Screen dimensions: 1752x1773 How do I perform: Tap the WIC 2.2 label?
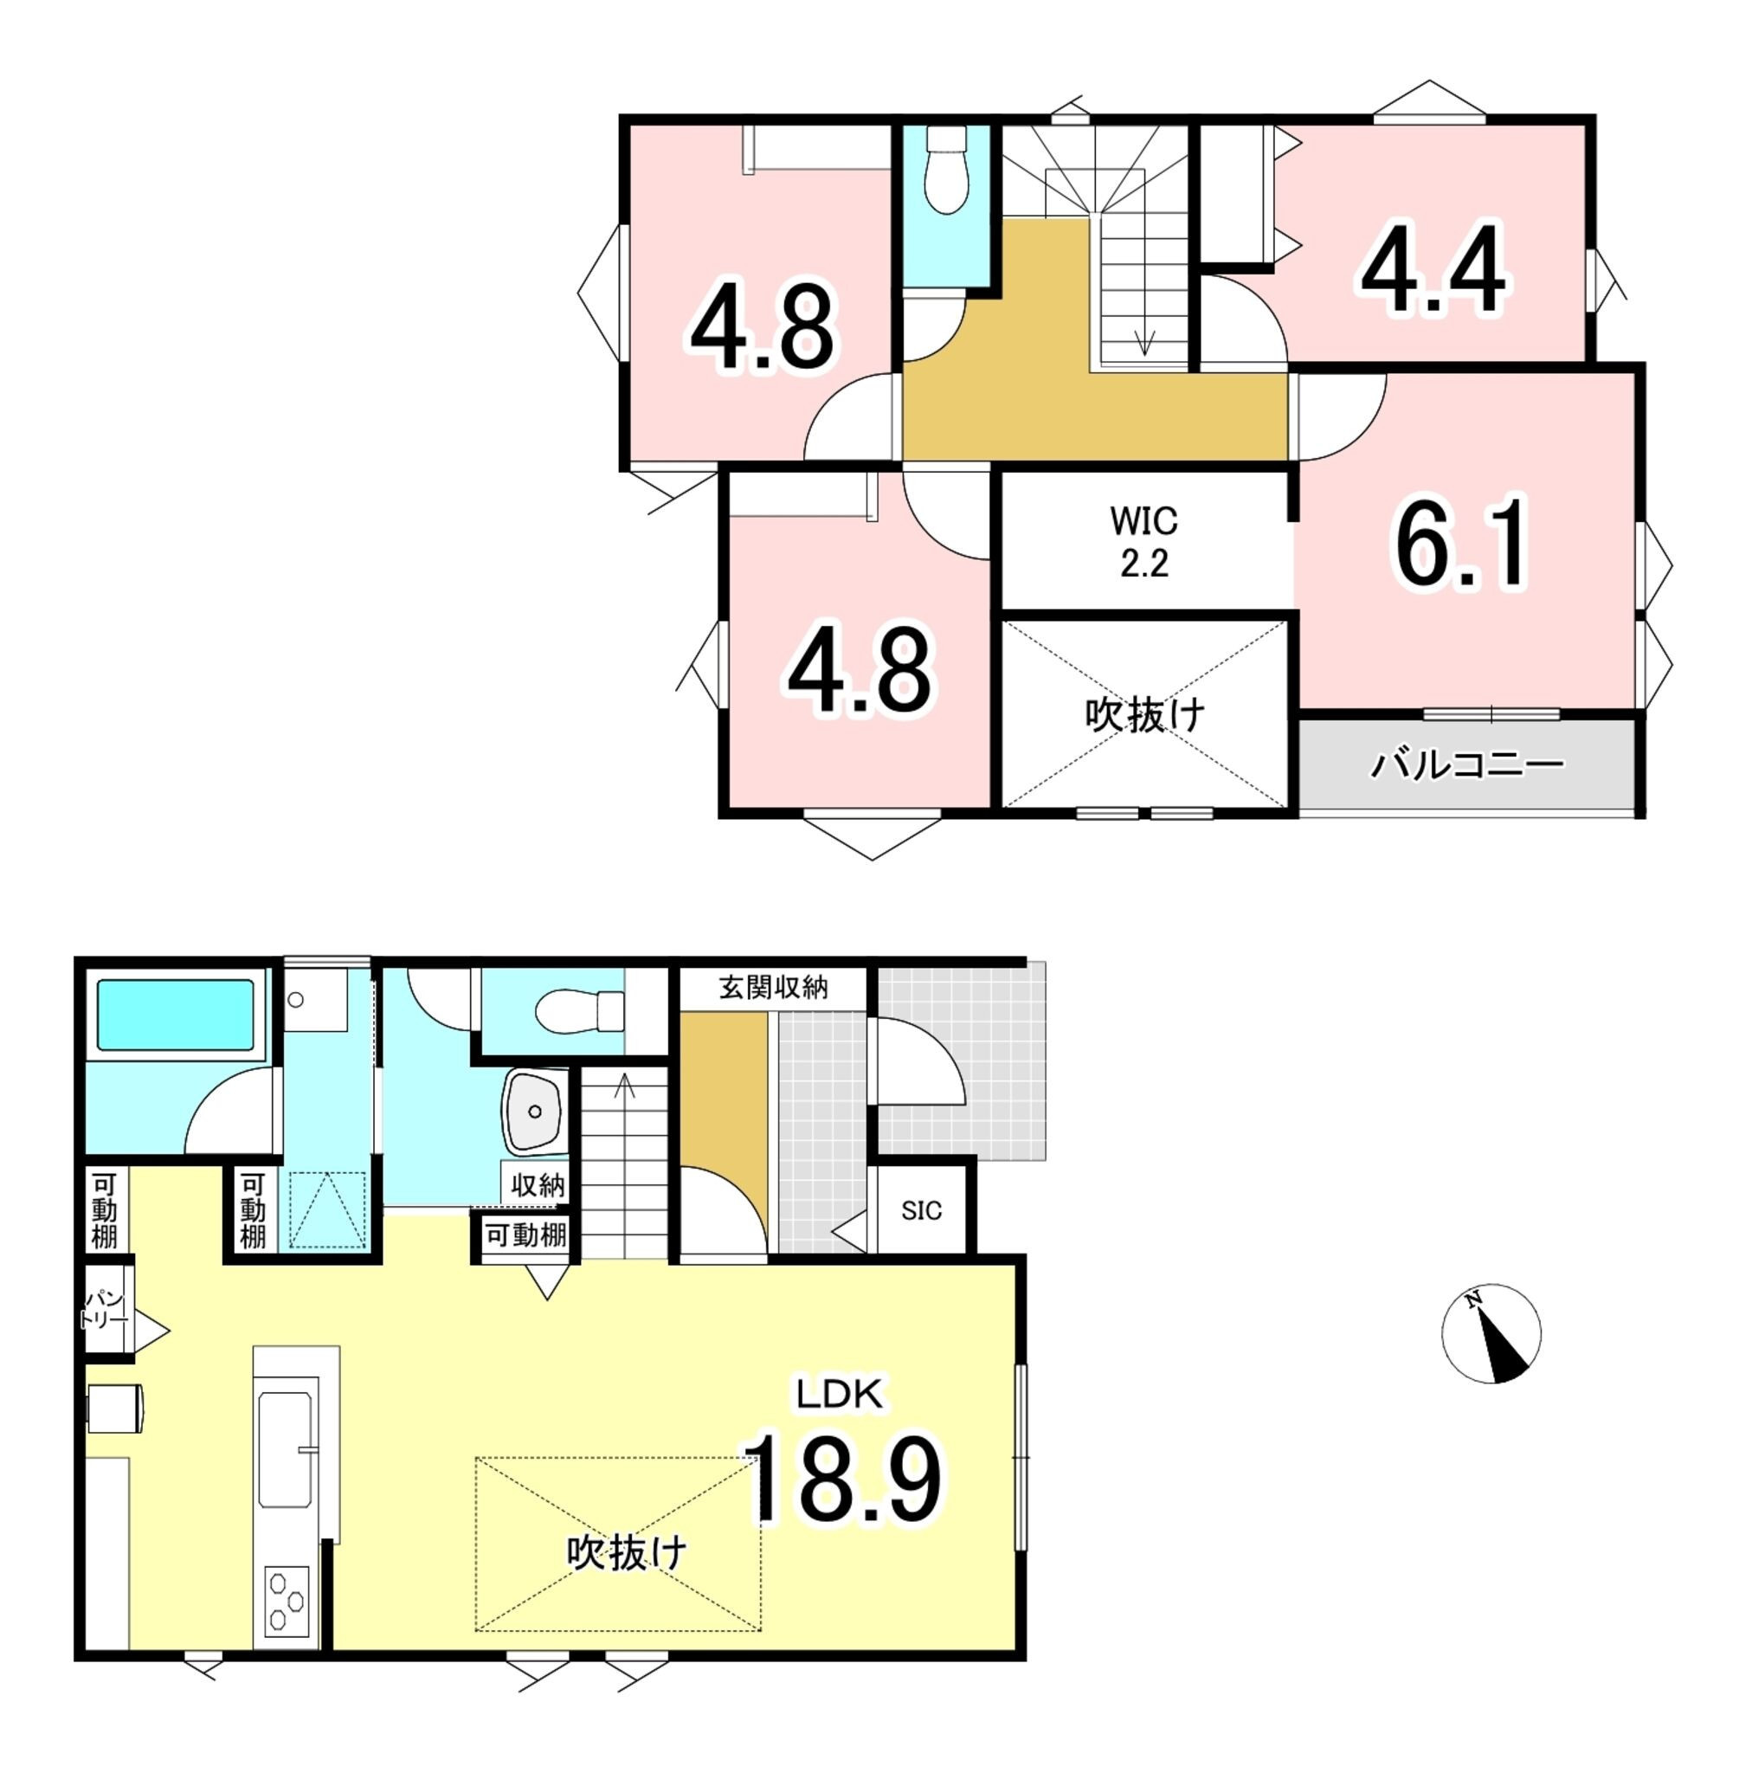tap(1143, 541)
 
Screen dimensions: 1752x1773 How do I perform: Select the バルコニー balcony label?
tap(1465, 764)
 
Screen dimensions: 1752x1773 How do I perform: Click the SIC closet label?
tap(920, 1210)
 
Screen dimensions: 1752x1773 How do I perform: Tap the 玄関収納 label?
tap(773, 988)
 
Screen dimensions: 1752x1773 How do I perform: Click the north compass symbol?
tap(1491, 1333)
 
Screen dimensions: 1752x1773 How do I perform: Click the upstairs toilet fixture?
tap(946, 170)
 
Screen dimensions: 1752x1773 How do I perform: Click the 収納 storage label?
tap(538, 1185)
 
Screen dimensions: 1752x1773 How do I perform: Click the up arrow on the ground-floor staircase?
tap(624, 1086)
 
